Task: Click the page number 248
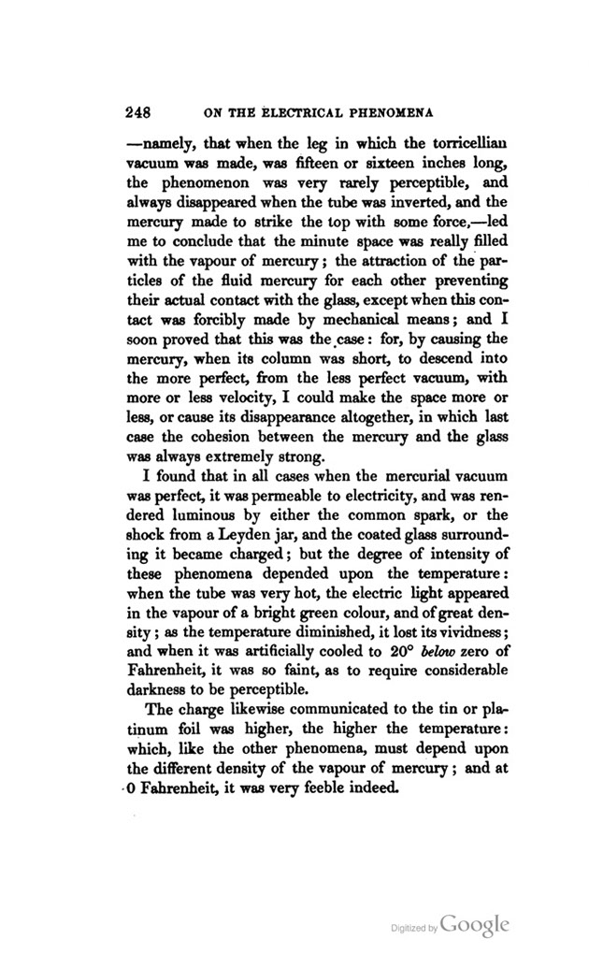[141, 115]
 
